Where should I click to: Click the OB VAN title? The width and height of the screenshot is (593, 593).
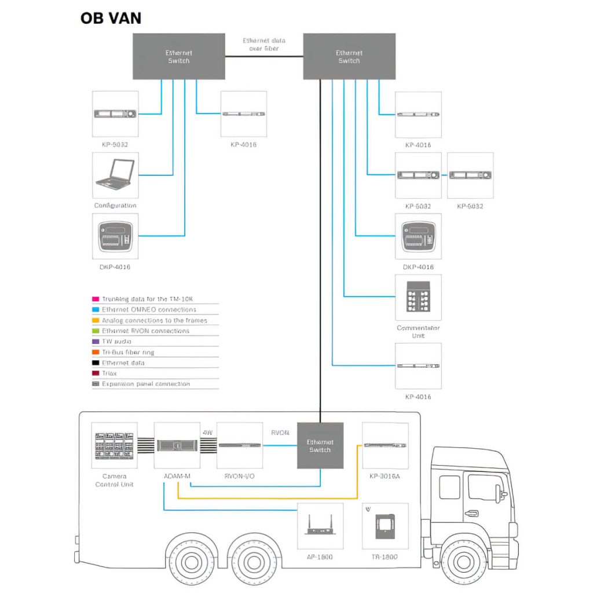111,18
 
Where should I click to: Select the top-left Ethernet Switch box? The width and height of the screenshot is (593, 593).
178,56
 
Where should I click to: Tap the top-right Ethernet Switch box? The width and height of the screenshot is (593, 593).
349,56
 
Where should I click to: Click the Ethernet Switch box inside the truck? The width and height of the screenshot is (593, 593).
320,445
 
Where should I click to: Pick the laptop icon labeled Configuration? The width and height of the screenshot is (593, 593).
115,175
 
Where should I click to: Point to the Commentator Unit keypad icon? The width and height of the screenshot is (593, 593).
418,297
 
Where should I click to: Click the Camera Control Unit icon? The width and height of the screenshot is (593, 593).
115,445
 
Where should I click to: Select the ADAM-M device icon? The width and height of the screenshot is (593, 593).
177,445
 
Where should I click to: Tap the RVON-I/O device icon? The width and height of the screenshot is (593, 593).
239,445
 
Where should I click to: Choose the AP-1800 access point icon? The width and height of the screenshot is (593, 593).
320,526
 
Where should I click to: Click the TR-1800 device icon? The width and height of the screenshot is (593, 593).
385,526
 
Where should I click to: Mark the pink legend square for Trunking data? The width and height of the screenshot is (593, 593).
96,299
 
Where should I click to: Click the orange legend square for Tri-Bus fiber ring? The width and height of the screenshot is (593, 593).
96,352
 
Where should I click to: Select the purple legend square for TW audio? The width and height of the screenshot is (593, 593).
96,342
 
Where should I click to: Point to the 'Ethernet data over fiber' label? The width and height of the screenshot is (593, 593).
263,45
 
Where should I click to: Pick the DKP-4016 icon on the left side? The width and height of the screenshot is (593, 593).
115,236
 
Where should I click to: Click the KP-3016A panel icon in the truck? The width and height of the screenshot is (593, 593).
385,445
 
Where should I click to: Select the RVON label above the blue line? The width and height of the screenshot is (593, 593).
280,432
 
